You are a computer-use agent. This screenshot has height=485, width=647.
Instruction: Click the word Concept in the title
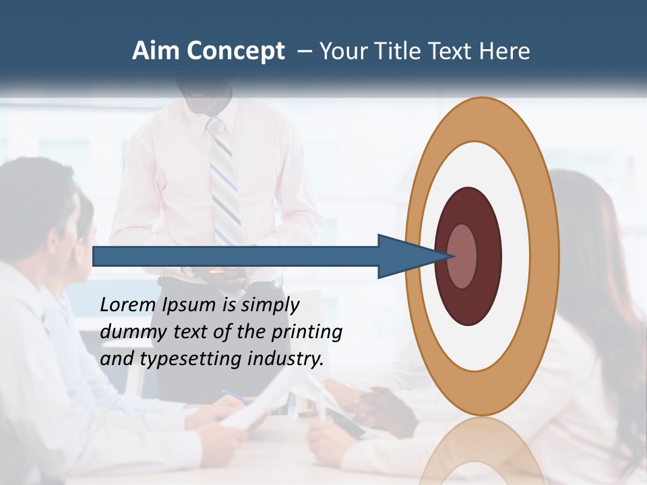[235, 52]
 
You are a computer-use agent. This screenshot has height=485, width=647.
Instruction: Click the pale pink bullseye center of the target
[463, 256]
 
